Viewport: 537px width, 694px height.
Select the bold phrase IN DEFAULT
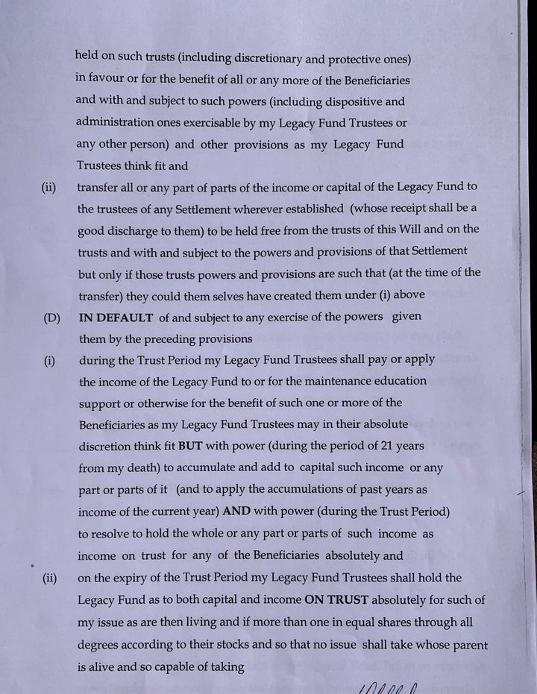click(x=116, y=317)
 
